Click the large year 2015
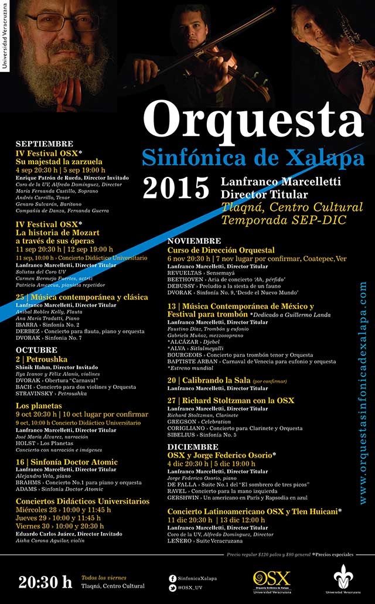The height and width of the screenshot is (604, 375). (x=176, y=188)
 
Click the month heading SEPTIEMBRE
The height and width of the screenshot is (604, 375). (x=45, y=144)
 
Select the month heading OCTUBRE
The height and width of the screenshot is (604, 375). (x=36, y=350)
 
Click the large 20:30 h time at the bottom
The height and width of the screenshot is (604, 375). (x=45, y=582)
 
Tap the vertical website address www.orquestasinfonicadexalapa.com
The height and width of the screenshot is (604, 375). (x=363, y=393)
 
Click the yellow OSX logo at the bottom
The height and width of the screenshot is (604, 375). (x=271, y=579)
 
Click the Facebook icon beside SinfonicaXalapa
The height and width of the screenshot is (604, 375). (x=172, y=578)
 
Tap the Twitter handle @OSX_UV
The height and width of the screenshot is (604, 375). (x=189, y=586)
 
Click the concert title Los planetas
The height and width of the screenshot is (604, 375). (x=39, y=405)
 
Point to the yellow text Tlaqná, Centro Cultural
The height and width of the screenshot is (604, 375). (x=292, y=207)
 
